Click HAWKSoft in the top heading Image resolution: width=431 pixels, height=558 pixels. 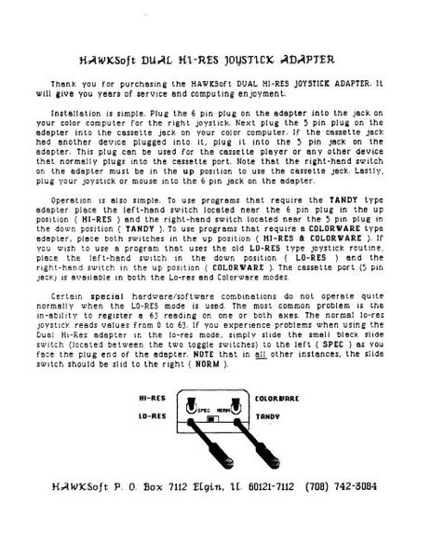click(112, 59)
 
